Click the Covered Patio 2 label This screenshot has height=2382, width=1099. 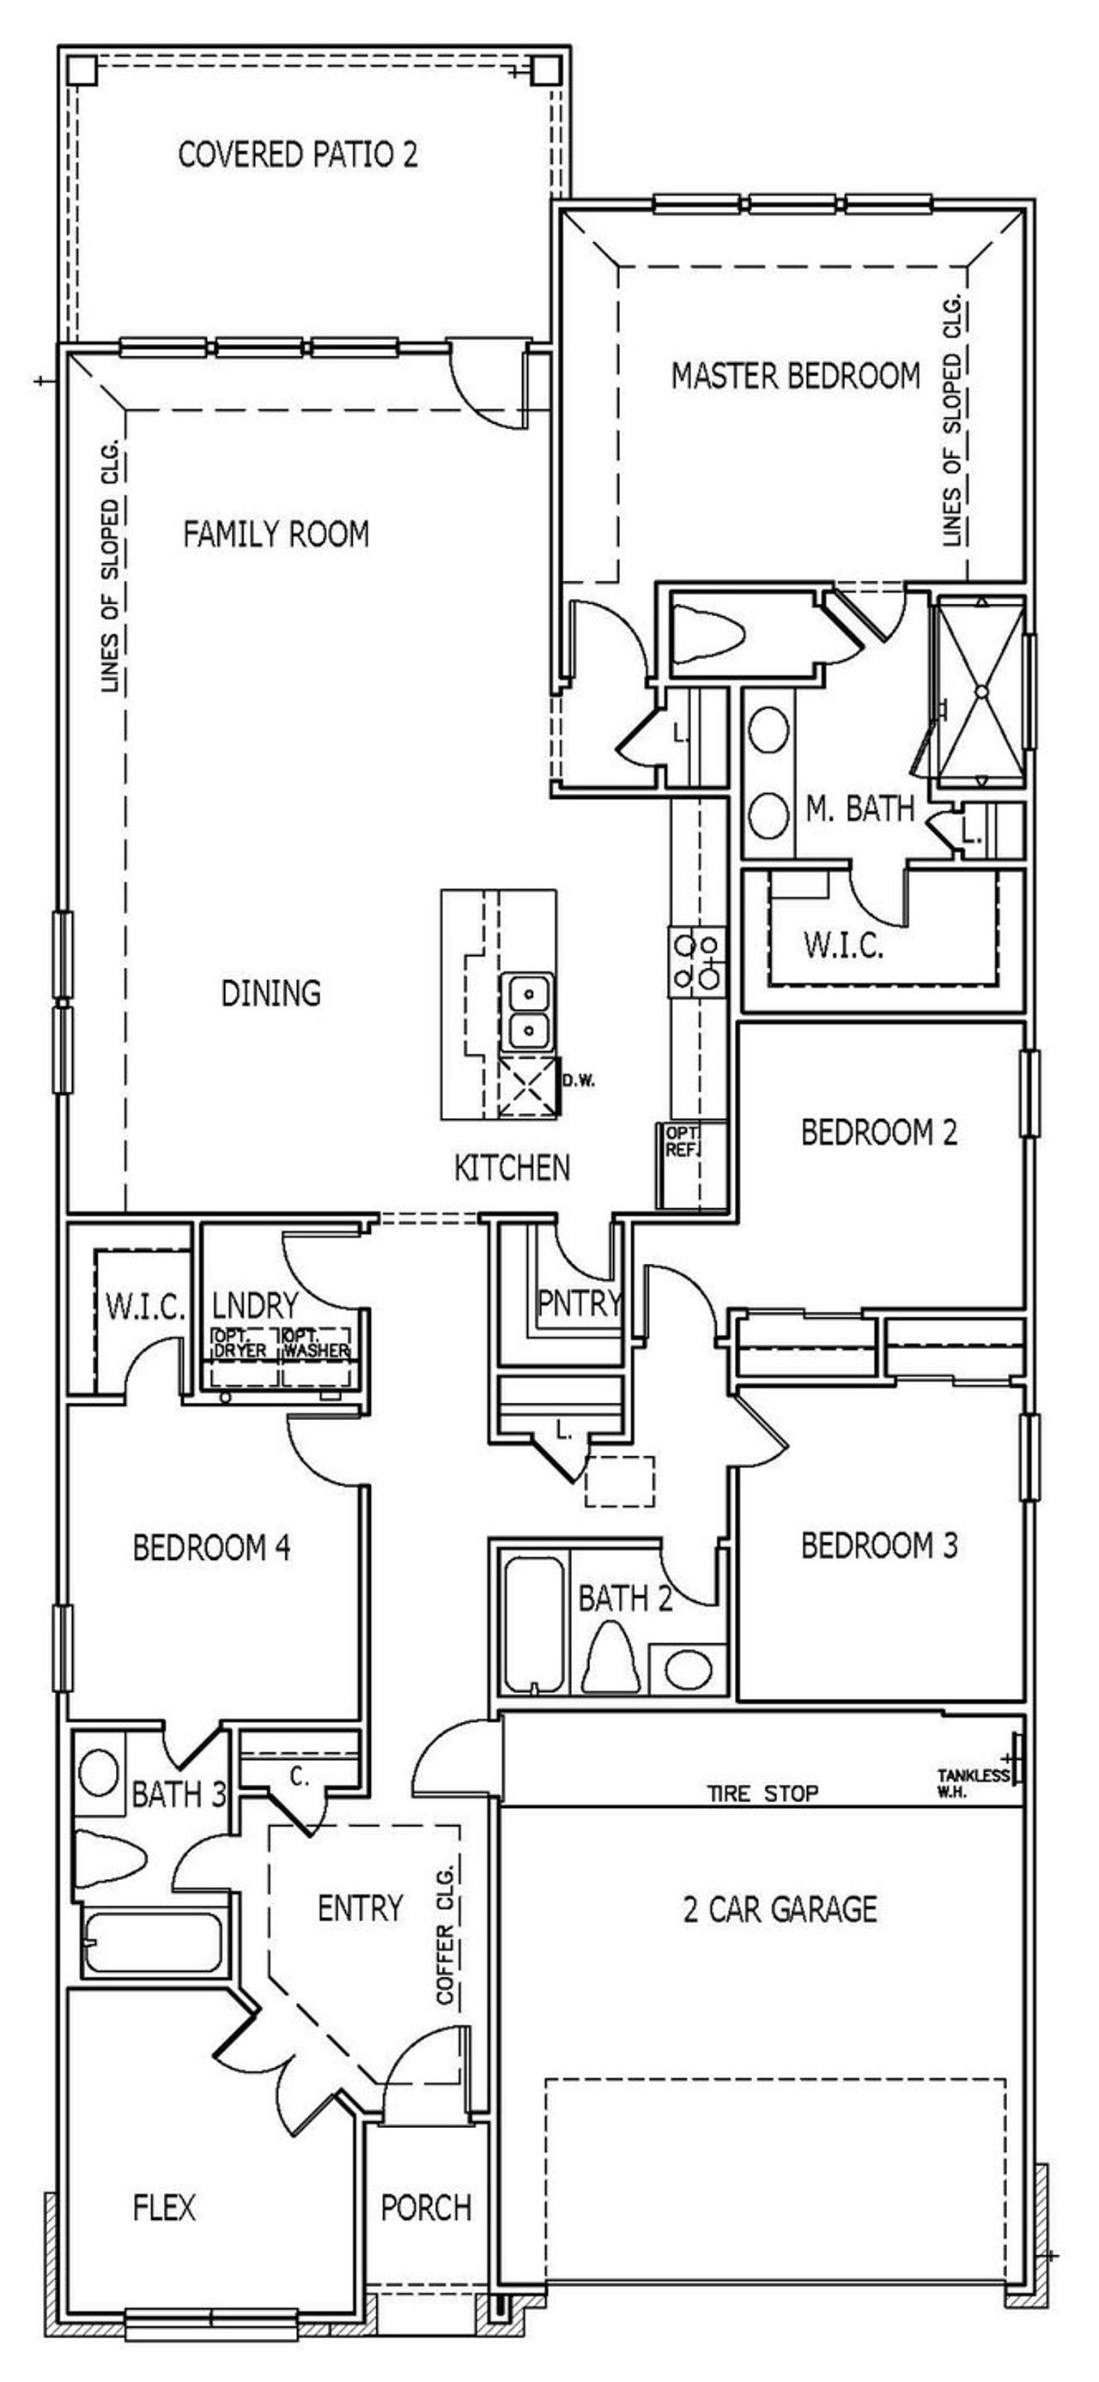pyautogui.click(x=297, y=154)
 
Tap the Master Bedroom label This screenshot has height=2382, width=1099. pyautogui.click(x=796, y=377)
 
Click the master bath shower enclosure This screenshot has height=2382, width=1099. pyautogui.click(x=981, y=690)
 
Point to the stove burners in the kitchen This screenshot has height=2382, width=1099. pyautogui.click(x=697, y=962)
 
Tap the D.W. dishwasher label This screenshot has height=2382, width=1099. pyautogui.click(x=578, y=1081)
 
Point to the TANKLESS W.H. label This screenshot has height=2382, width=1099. pyautogui.click(x=971, y=1784)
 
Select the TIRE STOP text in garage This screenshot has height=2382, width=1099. pyautogui.click(x=763, y=1794)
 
